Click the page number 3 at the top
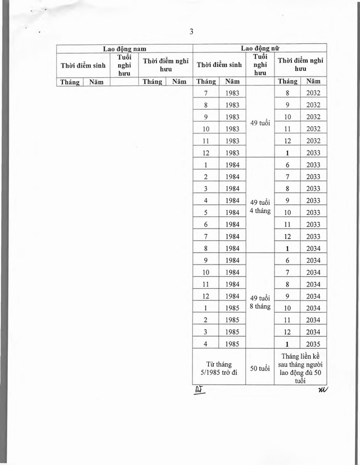pos(191,32)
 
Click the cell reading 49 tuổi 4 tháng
pos(260,206)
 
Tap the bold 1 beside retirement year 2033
pos(287,153)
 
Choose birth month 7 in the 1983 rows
pos(206,93)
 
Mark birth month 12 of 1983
pos(206,153)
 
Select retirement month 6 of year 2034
pos(287,260)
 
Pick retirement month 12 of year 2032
pos(287,141)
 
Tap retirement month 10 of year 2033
pos(287,212)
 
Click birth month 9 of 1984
pos(206,260)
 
